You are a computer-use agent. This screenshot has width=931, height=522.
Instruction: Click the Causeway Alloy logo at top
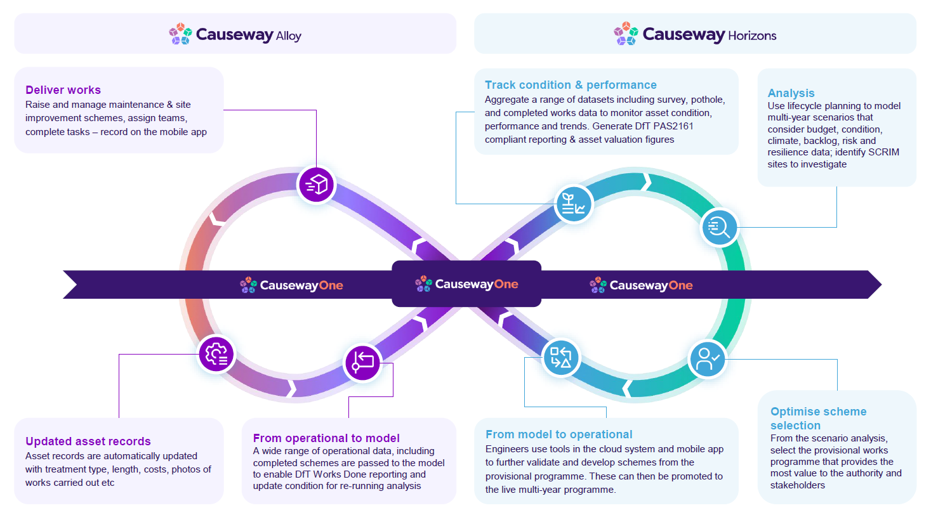[235, 34]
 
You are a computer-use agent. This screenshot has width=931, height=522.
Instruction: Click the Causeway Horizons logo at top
[695, 34]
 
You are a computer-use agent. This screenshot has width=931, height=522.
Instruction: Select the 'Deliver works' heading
[63, 90]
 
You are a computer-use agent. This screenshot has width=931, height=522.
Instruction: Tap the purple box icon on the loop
[316, 185]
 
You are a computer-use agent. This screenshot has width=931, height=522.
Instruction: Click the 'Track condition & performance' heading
[571, 85]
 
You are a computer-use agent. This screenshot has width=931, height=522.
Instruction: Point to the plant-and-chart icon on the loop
[574, 204]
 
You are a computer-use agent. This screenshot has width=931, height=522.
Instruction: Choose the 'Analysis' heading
[791, 93]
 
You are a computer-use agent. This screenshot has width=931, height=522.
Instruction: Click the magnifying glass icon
[719, 227]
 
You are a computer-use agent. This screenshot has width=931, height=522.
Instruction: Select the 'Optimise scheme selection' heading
[818, 418]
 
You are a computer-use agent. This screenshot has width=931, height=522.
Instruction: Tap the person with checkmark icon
[708, 359]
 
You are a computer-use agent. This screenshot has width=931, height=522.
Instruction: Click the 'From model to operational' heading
[558, 434]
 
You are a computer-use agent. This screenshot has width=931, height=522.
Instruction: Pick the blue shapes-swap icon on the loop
[561, 357]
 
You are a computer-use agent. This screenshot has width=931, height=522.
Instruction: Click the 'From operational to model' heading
[326, 438]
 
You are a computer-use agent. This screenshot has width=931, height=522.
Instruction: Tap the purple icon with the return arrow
[362, 363]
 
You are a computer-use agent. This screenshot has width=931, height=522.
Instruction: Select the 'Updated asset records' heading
[88, 441]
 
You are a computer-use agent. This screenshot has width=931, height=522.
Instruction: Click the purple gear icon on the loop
[216, 354]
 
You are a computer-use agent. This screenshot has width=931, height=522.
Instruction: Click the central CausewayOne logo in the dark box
[466, 284]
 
